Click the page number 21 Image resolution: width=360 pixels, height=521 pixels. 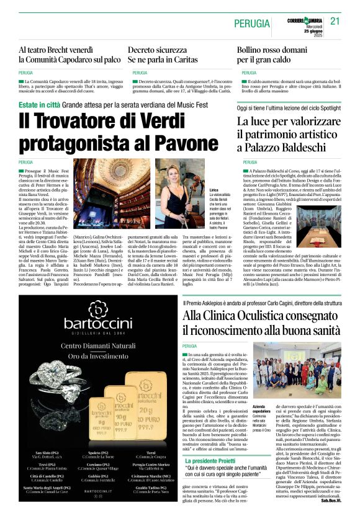tap(336, 20)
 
